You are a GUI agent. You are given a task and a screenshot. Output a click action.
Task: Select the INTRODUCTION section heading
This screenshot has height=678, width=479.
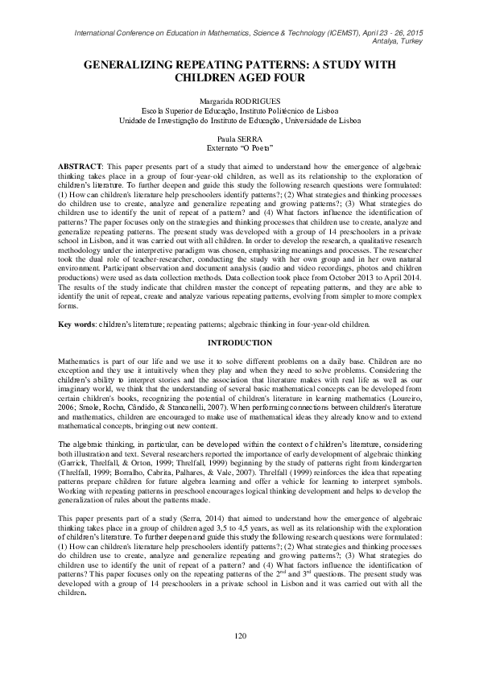coord(239,365)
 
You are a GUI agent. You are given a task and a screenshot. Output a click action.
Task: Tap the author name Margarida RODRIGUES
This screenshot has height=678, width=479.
coord(239,101)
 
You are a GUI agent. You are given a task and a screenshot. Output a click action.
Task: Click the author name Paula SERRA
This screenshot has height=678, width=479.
coord(239,138)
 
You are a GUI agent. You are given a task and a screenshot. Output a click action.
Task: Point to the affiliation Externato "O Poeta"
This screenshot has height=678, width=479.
coord(239,148)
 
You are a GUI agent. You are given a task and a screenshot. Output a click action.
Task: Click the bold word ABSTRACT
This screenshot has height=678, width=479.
coord(79,164)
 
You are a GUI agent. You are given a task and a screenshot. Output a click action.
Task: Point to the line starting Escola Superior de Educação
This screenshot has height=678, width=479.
coord(239,110)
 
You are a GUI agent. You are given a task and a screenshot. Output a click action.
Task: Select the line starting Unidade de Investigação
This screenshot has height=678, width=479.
coord(239,120)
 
